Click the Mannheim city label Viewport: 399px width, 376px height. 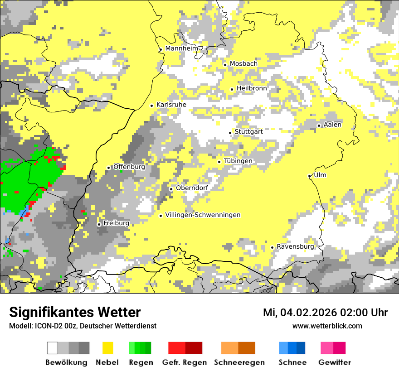[182, 48]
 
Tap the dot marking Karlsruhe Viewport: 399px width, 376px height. [152, 106]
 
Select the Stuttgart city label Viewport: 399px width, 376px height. [248, 132]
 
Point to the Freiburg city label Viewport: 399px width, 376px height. [116, 223]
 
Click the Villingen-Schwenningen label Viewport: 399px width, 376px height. [203, 215]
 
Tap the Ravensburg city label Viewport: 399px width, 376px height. [295, 247]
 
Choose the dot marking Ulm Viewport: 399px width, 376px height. [309, 176]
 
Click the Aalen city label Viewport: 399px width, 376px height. [332, 125]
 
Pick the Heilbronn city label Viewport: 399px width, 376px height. [252, 88]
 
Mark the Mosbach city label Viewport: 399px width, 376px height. [243, 64]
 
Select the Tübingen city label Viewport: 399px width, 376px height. [238, 161]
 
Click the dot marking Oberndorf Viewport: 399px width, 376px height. [171, 189]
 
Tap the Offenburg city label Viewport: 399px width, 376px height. [129, 167]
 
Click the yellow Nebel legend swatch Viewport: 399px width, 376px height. [107, 348]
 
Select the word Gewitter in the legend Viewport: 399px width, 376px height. [335, 362]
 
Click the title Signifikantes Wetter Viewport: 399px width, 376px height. [75, 312]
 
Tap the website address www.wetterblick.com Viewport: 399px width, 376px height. [327, 326]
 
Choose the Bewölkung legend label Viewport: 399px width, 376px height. [66, 362]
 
